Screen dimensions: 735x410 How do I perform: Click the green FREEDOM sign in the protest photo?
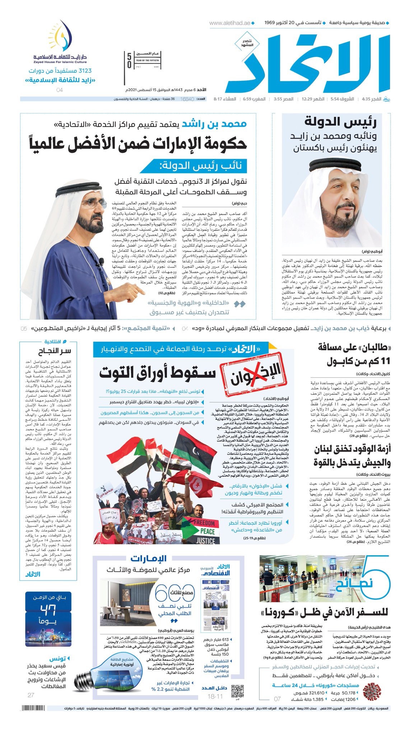click(x=204, y=523)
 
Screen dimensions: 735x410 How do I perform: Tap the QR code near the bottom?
click(x=237, y=691)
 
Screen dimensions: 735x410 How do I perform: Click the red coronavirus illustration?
click(x=372, y=691)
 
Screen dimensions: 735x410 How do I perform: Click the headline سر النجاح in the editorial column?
click(x=55, y=351)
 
